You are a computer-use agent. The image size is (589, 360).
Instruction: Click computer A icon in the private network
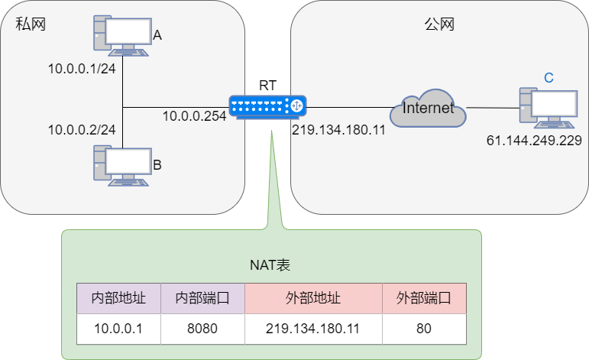click(122, 35)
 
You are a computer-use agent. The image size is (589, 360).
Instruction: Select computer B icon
click(122, 165)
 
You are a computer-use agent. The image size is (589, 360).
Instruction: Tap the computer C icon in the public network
click(547, 108)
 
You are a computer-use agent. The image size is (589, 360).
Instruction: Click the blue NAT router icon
click(267, 107)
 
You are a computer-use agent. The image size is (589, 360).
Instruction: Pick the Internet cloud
click(428, 109)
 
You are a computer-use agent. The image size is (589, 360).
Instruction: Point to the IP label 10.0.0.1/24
click(82, 69)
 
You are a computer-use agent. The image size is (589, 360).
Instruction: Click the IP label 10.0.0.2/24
click(82, 130)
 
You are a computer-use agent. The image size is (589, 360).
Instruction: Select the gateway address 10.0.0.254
click(194, 116)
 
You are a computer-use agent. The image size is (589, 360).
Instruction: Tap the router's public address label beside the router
click(338, 130)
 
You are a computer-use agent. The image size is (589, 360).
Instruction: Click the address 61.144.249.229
click(534, 141)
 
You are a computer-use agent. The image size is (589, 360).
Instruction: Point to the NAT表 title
click(270, 264)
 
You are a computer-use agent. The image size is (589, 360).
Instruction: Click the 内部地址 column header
click(118, 299)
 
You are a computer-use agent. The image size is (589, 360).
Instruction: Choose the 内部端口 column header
click(202, 299)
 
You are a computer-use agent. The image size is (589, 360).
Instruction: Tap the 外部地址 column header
click(313, 299)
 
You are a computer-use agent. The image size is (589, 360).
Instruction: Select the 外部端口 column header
click(424, 299)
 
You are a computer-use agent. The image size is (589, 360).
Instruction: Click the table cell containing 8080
click(202, 329)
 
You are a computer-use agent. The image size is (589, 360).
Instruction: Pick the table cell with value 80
click(424, 329)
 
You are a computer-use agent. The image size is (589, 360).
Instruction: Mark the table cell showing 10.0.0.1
click(118, 329)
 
